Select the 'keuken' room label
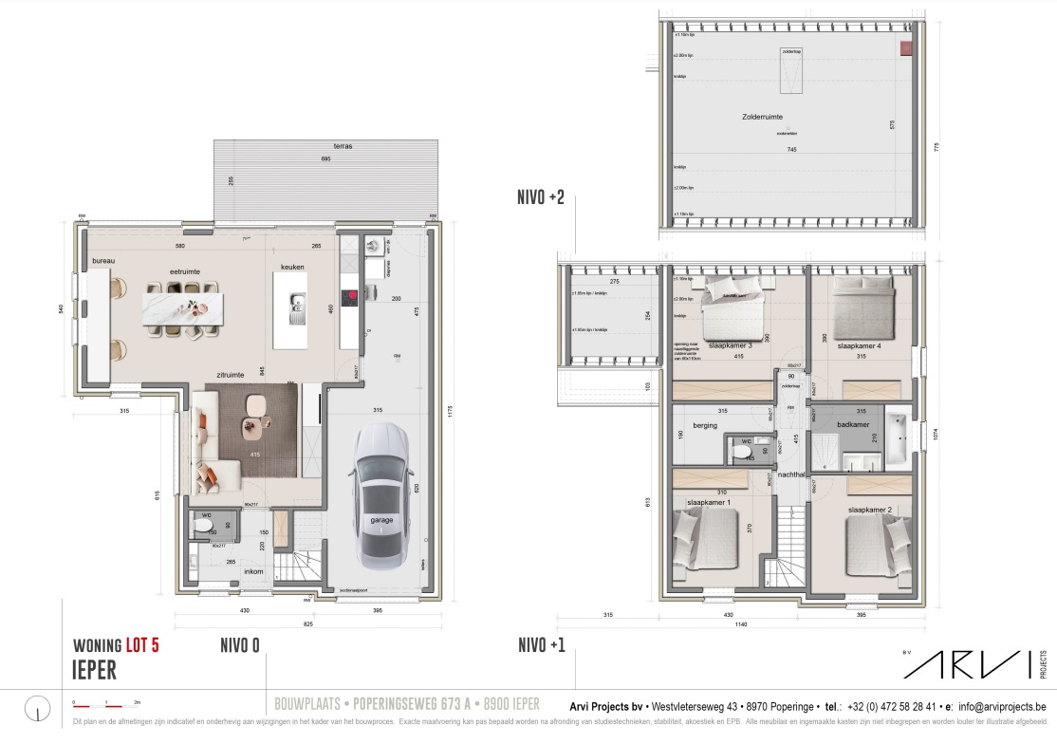292,268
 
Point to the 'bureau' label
103,260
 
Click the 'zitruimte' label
232,375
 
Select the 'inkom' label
253,571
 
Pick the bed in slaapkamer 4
863,309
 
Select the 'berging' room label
704,425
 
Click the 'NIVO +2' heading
541,198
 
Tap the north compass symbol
37,707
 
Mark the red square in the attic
905,46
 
